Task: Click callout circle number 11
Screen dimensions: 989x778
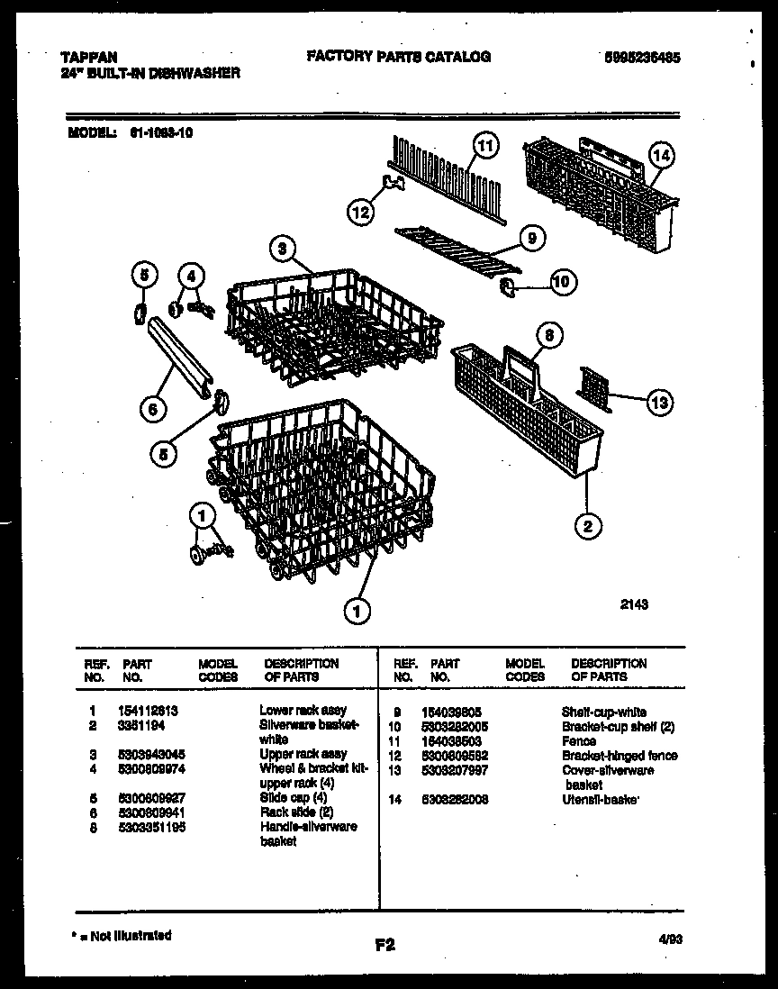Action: tap(485, 146)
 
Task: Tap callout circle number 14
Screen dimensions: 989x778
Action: tap(661, 156)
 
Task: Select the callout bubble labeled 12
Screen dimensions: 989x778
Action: tap(360, 213)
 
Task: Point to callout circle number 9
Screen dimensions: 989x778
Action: tap(531, 239)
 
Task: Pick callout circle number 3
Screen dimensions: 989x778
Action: tap(283, 250)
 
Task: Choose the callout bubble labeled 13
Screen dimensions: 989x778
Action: tap(659, 403)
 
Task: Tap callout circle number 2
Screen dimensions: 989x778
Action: tap(587, 526)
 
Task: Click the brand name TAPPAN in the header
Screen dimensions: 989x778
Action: tap(93, 56)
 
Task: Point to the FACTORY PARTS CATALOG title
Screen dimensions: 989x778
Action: tap(399, 56)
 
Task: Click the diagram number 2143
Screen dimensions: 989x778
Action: tap(634, 605)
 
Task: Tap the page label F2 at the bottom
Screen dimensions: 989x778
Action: tap(384, 945)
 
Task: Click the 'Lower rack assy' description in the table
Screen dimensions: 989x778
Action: tap(303, 710)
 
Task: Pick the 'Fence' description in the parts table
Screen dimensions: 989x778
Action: tap(578, 740)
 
